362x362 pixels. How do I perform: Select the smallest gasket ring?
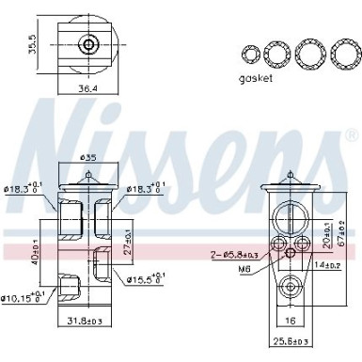252,52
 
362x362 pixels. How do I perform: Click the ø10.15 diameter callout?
24,299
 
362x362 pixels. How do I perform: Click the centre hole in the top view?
89,43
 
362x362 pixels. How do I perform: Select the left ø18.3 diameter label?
26,190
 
